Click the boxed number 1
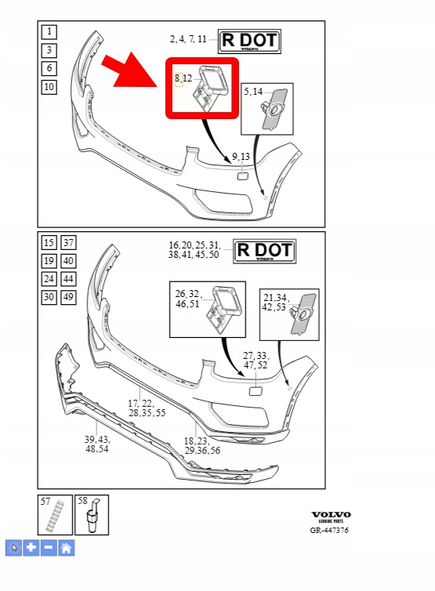pos(49,31)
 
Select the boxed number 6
pos(49,69)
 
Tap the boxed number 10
pos(49,87)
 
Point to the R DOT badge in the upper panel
pos(249,41)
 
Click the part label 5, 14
pos(253,92)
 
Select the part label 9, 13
pos(241,157)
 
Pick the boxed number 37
pos(68,242)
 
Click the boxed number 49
pos(68,297)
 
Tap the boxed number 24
pos(49,279)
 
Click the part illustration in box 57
pos(55,516)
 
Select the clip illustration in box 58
pos(92,516)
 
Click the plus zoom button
pos(31,548)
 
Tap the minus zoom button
pos(49,548)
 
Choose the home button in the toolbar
pos(67,548)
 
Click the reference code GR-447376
pos(329,531)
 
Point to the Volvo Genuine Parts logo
pos(331,517)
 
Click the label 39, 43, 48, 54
pos(97,444)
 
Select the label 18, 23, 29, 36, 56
pos(202,445)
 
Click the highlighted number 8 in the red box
pos(179,79)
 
